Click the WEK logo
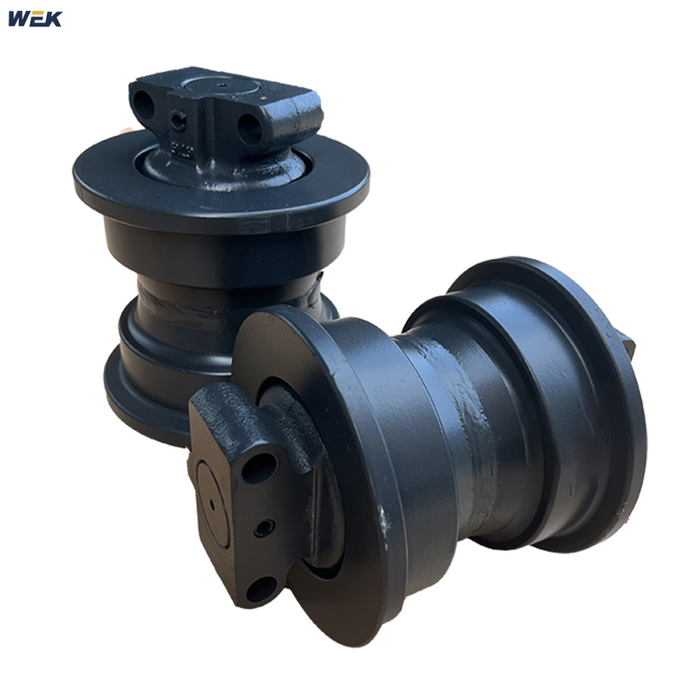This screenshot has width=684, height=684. (35, 18)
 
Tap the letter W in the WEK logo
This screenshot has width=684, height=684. (19, 18)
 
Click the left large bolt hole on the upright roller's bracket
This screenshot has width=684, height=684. (143, 106)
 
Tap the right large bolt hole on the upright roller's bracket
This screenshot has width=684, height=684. (250, 129)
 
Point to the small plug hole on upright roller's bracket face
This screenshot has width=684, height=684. (178, 122)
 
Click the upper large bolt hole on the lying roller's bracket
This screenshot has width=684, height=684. (258, 469)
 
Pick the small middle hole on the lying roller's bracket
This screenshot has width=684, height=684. (264, 528)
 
